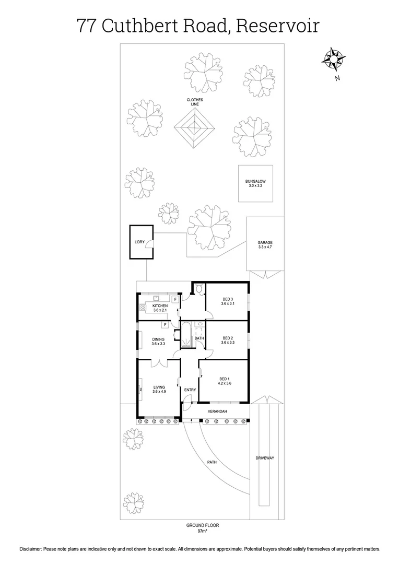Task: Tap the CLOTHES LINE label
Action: tap(195, 102)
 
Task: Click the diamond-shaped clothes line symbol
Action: tap(195, 127)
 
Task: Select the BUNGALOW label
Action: tap(256, 183)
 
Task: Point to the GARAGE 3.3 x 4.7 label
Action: tap(265, 245)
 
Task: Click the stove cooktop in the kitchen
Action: tap(143, 308)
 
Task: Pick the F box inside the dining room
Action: tap(165, 324)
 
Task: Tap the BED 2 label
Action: tap(227, 337)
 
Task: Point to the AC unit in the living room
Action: tap(140, 389)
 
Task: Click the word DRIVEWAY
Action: tap(265, 458)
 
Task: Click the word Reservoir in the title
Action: tap(277, 25)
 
